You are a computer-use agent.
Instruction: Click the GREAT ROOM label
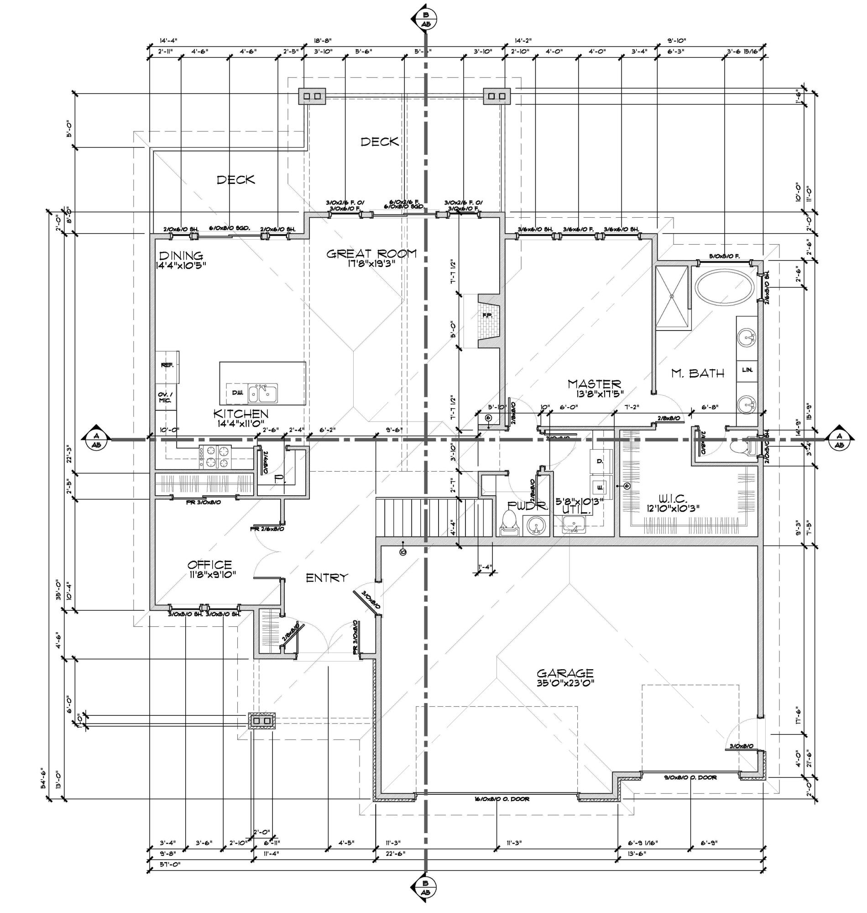pos(371,253)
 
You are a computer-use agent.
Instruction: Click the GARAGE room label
pos(565,673)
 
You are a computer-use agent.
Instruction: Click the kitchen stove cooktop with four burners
pos(215,456)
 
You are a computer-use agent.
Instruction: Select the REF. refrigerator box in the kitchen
pos(167,365)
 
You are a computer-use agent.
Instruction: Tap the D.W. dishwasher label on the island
pos(237,393)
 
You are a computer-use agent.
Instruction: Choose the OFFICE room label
pos(209,564)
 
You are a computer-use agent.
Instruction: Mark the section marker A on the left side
pos(96,437)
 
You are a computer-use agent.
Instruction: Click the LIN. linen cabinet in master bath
pos(747,370)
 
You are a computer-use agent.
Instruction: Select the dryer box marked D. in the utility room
pos(601,462)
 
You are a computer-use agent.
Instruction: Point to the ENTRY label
pos(327,577)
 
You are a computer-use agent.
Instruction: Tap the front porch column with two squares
pos(262,721)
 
